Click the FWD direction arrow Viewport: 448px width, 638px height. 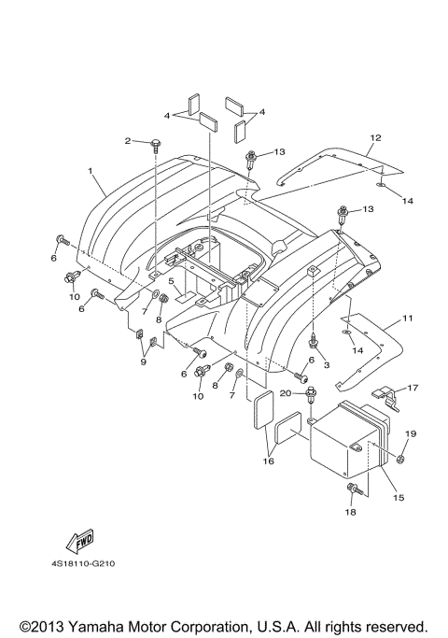click(80, 541)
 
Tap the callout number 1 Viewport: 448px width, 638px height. click(91, 171)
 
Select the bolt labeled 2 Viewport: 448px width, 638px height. click(155, 145)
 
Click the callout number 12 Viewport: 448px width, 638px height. click(375, 137)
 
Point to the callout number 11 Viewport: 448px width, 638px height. click(408, 318)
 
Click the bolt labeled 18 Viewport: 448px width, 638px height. click(355, 489)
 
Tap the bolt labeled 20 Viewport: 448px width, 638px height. click(312, 393)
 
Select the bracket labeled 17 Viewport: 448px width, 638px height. click(386, 399)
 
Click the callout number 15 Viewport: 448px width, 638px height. click(399, 497)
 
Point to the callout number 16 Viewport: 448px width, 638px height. click(269, 461)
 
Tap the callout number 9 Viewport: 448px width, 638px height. click(143, 362)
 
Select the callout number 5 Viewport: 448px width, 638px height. click(171, 280)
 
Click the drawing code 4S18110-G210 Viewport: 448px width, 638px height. click(83, 564)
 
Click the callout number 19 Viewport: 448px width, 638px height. click(411, 433)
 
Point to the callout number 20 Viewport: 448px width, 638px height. click(286, 393)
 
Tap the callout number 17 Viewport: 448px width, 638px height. click(413, 388)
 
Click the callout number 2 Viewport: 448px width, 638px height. click(128, 141)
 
